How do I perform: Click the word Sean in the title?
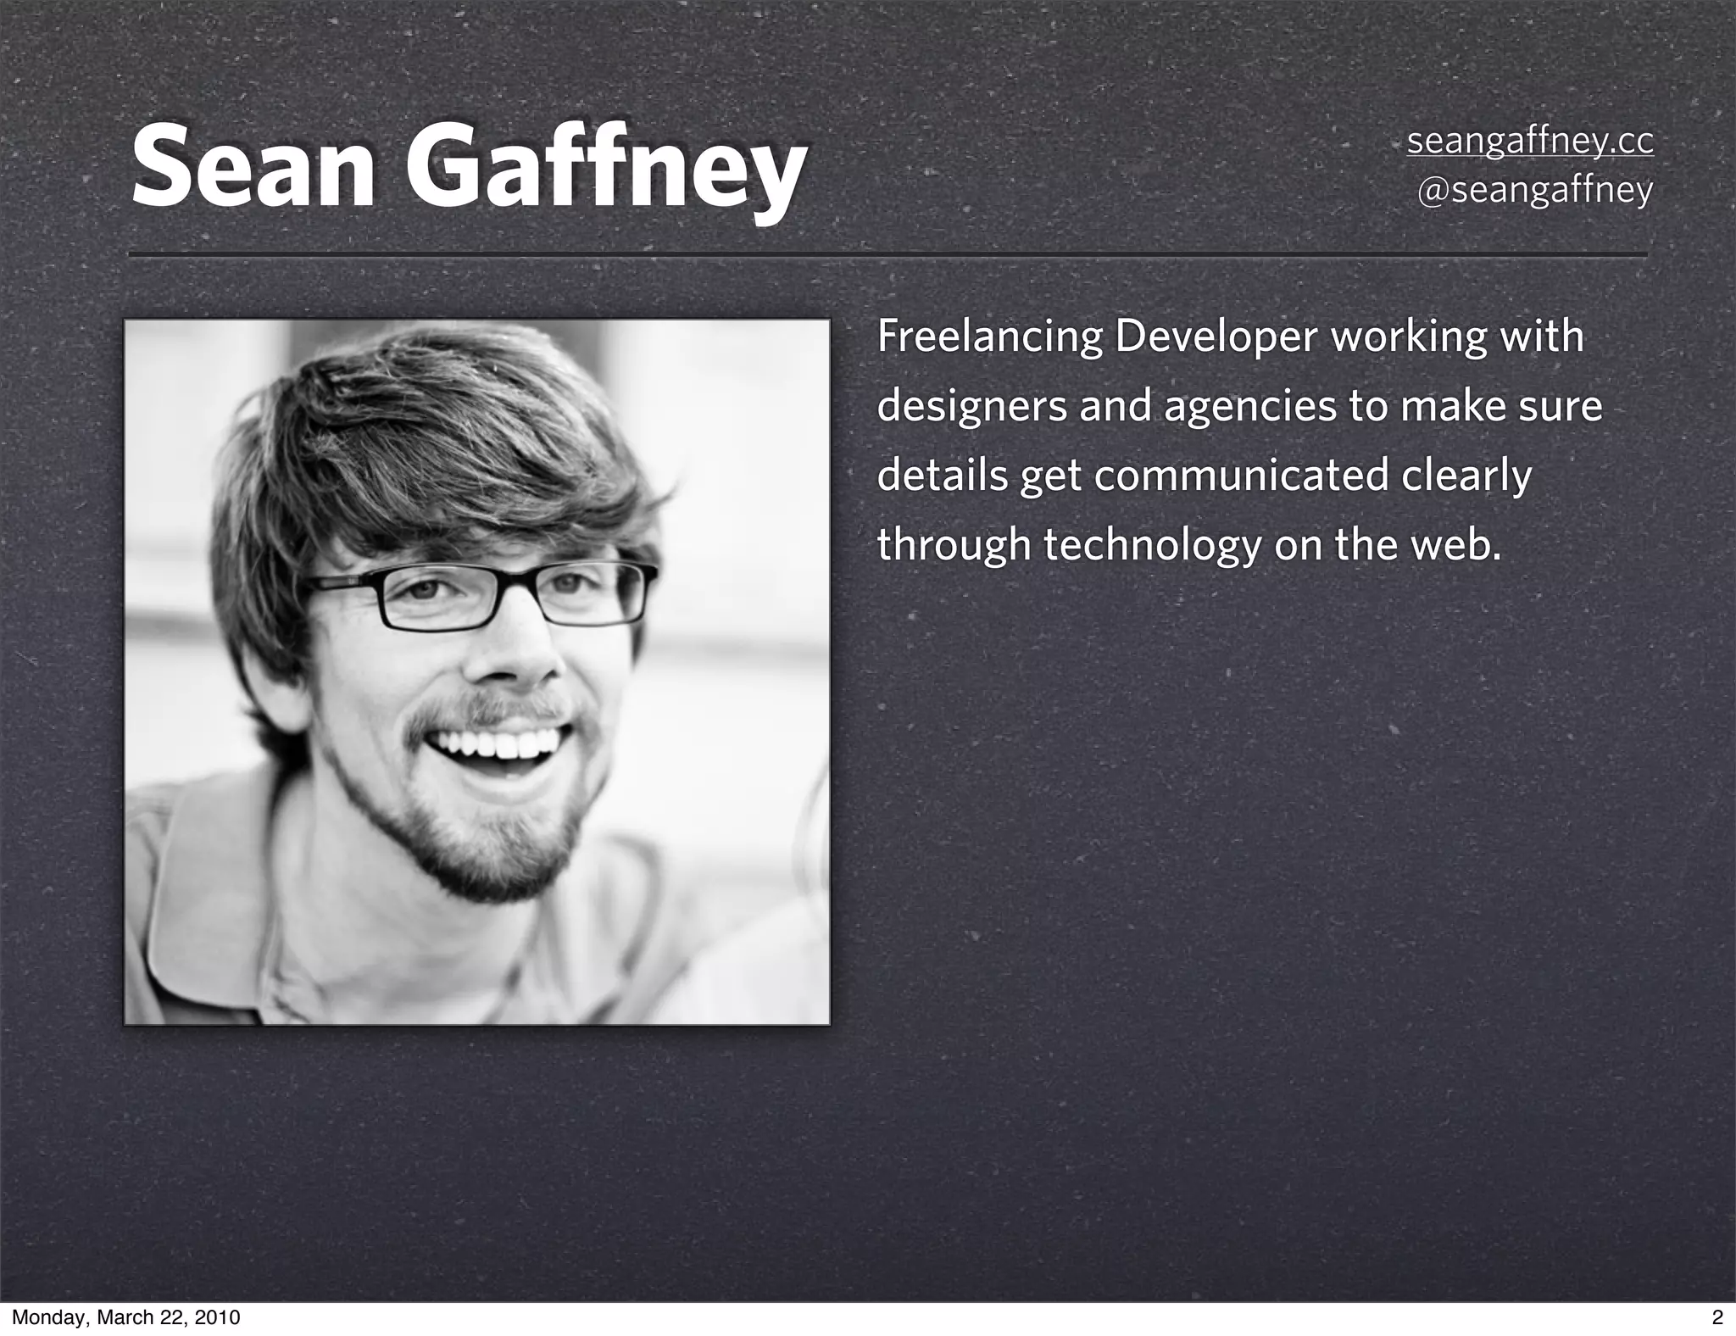pyautogui.click(x=253, y=167)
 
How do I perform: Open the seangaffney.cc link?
pyautogui.click(x=1530, y=142)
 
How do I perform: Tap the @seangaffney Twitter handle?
pyautogui.click(x=1535, y=190)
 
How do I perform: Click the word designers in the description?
pyautogui.click(x=971, y=407)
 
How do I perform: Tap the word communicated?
pyautogui.click(x=1241, y=476)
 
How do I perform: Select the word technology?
pyautogui.click(x=1152, y=545)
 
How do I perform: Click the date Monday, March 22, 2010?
pyautogui.click(x=125, y=1317)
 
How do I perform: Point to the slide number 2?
pyautogui.click(x=1717, y=1317)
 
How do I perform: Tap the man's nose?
pyautogui.click(x=517, y=653)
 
